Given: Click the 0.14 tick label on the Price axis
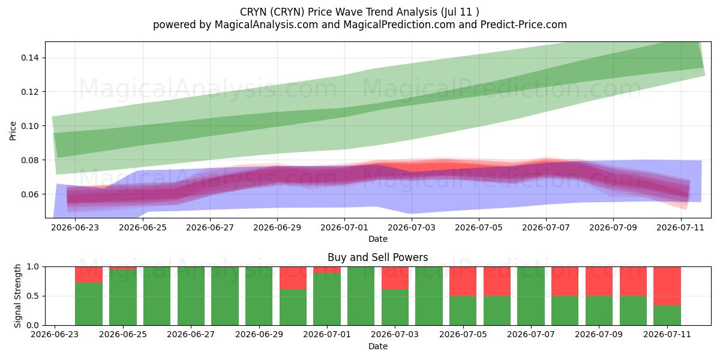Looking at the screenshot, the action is point(30,58).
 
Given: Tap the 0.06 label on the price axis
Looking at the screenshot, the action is point(30,194).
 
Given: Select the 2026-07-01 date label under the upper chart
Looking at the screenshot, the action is point(344,227).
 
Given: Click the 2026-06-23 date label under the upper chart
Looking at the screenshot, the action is point(75,227).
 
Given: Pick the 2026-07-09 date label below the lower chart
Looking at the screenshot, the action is point(599,334).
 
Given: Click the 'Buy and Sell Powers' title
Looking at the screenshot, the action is point(377,257).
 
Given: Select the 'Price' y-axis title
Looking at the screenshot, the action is point(13,131).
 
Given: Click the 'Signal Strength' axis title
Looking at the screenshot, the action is point(17,296).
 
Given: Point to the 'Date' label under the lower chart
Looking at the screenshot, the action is point(378,346).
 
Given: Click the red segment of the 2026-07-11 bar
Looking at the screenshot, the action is point(667,286).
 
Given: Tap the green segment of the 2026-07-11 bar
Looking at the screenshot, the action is point(667,316).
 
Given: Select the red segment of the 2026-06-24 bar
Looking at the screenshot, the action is point(89,275).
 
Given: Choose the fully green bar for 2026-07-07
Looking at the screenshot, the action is point(530,296).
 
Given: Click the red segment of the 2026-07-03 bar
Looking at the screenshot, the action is point(395,278).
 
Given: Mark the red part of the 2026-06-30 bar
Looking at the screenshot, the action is point(293,278).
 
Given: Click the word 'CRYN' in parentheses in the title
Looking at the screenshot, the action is point(287,12).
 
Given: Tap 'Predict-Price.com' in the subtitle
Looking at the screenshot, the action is point(524,25).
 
